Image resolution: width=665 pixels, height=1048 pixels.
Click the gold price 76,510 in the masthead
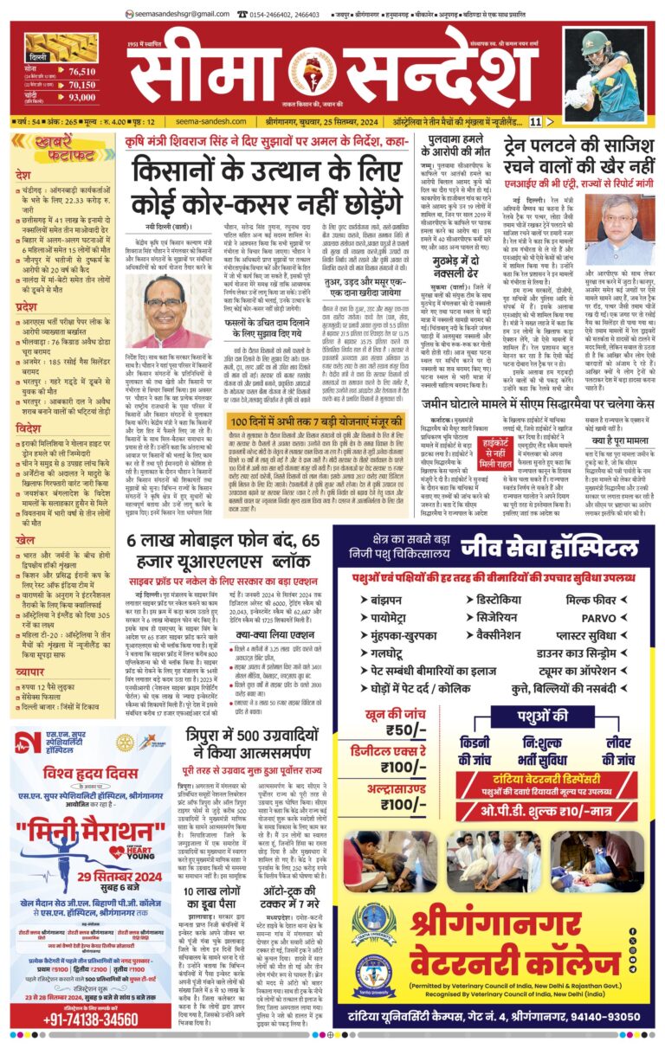82,72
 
